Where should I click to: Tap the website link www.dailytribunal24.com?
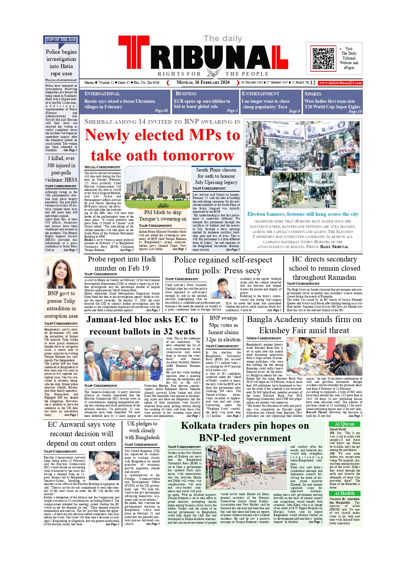pos(340,83)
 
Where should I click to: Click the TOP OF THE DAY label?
pos(61,40)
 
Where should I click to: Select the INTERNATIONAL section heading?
pos(102,94)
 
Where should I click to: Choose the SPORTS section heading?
pos(313,94)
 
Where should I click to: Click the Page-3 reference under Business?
pos(232,111)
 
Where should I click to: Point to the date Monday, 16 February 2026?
pos(203,82)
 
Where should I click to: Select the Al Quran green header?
pos(344,424)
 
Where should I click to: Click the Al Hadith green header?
pos(344,493)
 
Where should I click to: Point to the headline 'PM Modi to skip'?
pos(163,212)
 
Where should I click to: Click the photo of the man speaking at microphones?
pos(223,288)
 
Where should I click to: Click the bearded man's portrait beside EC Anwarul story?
pos(104,466)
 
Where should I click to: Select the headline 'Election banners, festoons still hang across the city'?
pos(303,214)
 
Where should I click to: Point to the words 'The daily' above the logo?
pos(223,39)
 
